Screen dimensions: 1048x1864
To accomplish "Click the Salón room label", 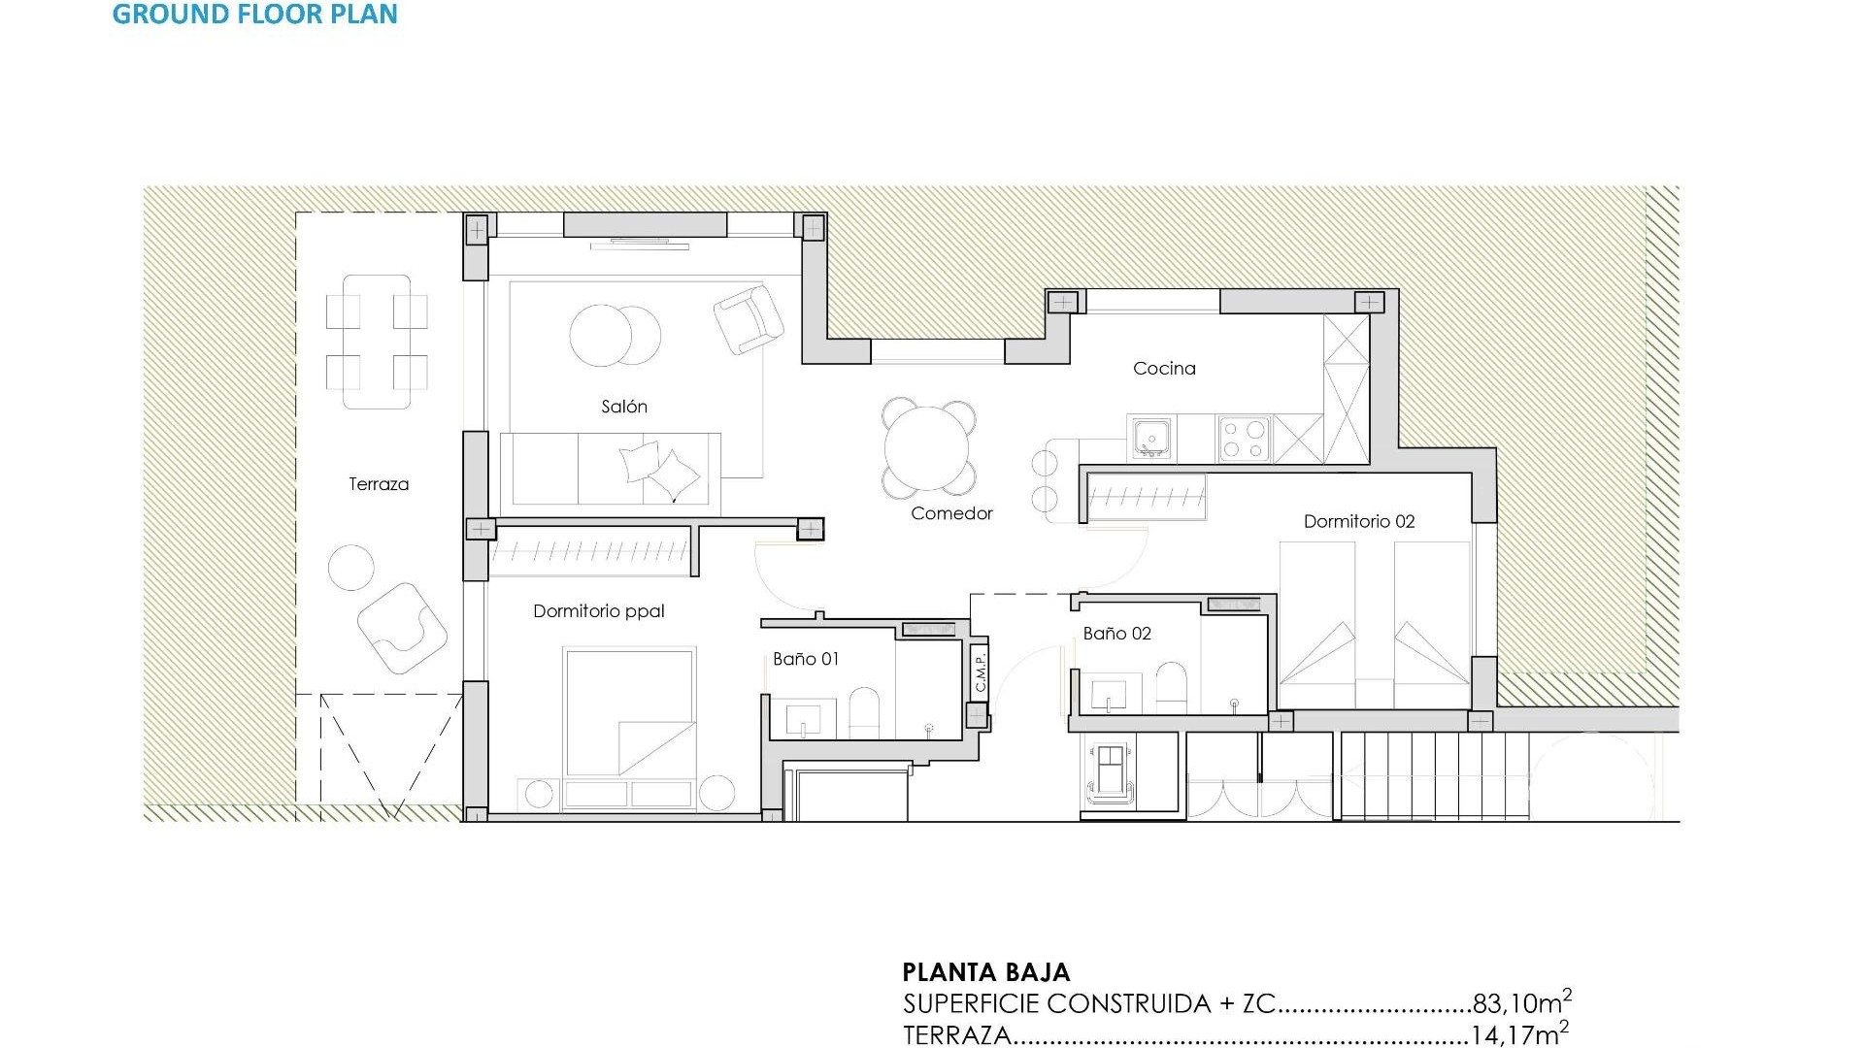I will tap(623, 407).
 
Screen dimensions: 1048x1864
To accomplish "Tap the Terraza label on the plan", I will tap(379, 484).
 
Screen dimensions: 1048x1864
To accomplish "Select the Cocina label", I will tap(1164, 369).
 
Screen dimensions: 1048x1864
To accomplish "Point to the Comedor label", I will tap(951, 513).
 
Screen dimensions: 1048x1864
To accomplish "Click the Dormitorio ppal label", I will tap(598, 611).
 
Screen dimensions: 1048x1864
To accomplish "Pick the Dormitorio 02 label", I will tap(1358, 522).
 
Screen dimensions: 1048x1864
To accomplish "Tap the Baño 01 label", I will tap(805, 659).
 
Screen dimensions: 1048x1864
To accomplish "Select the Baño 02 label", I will tap(1116, 634).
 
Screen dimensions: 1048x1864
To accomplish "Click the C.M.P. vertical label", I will tap(980, 671).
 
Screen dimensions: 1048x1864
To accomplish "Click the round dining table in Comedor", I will tap(927, 448).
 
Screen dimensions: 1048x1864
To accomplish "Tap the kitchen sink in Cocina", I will tap(1151, 439).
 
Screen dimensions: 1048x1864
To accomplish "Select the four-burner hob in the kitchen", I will tap(1244, 439).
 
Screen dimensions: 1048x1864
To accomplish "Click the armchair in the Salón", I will tap(748, 318).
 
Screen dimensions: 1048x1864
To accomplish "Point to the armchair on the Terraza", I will tap(401, 628).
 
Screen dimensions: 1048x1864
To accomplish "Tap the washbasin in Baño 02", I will tap(1109, 696).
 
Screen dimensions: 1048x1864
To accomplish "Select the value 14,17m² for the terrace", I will tap(1518, 1034).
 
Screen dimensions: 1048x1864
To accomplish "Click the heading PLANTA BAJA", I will tap(985, 972).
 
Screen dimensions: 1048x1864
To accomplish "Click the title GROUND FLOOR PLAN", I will tap(254, 14).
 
